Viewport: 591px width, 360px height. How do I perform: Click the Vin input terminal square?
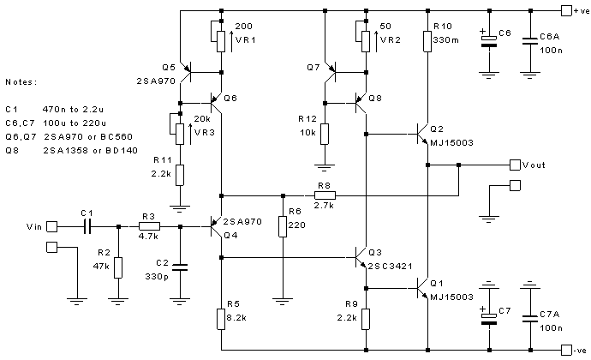coord(51,226)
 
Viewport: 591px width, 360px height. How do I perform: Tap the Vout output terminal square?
coord(514,164)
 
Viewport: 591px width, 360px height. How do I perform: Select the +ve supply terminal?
coord(566,10)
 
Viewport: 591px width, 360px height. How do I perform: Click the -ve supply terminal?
coord(566,350)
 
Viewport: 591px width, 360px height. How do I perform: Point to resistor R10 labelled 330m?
coord(427,40)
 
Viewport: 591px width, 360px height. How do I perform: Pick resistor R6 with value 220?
coord(282,226)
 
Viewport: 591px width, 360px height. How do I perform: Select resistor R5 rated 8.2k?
coord(221,319)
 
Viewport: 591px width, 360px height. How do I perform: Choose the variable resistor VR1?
coord(221,39)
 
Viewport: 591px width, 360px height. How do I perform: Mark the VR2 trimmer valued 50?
coord(366,39)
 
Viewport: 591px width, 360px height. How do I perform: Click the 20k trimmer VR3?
coord(181,132)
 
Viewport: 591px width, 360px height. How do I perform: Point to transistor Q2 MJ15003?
coord(420,134)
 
